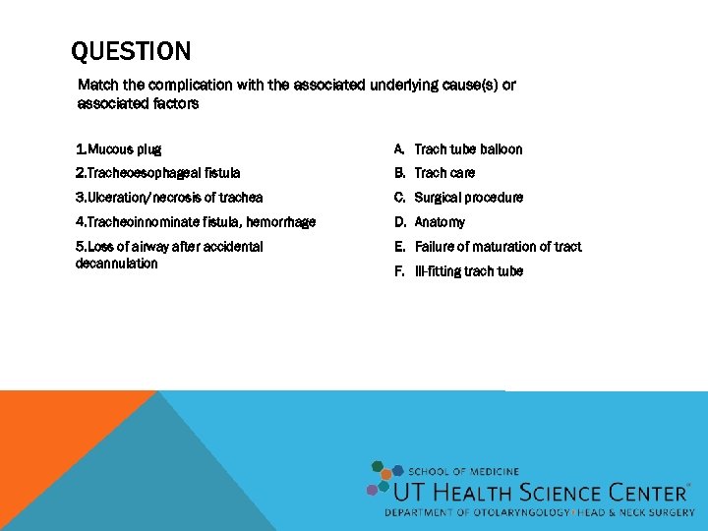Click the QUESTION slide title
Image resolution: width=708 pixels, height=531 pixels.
[x=132, y=51]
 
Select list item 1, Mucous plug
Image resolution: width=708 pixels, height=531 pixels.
[x=119, y=149]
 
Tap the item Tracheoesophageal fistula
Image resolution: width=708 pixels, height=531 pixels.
[x=157, y=173]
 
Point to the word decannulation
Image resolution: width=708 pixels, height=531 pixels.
[x=116, y=264]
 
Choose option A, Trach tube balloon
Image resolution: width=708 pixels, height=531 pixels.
[x=467, y=149]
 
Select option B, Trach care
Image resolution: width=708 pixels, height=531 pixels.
[x=443, y=173]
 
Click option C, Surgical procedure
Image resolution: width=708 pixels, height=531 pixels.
[x=468, y=198]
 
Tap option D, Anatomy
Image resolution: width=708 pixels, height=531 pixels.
[x=439, y=222]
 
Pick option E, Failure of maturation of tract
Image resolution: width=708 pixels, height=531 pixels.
[x=497, y=247]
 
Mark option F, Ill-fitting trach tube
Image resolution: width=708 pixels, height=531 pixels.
[x=468, y=271]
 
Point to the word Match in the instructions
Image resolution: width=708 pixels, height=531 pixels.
[x=96, y=85]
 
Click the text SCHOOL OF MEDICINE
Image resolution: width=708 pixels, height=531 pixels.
[x=463, y=472]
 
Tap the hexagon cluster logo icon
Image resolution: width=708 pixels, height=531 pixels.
[x=383, y=479]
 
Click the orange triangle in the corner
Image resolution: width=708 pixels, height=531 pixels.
[x=49, y=433]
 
